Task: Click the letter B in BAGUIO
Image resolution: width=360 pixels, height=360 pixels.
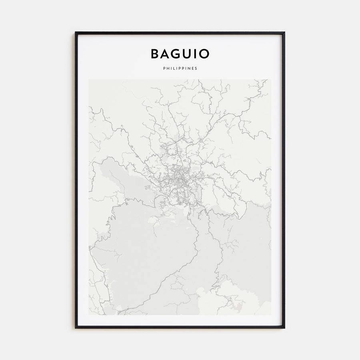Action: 155,54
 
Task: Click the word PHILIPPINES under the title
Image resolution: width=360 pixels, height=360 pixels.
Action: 180,68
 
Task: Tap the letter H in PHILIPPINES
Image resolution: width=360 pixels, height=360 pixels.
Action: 168,68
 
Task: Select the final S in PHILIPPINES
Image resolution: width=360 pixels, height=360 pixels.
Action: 196,68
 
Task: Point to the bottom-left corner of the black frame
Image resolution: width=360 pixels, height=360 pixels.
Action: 76,328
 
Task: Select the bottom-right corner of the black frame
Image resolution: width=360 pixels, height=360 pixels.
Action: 284,328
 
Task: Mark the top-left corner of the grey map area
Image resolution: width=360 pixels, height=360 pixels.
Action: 89,80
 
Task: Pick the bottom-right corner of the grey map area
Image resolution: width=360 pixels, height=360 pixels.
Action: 271,315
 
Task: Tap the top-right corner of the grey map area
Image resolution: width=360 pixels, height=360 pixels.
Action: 271,80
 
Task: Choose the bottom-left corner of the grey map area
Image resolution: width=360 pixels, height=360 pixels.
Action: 89,315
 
